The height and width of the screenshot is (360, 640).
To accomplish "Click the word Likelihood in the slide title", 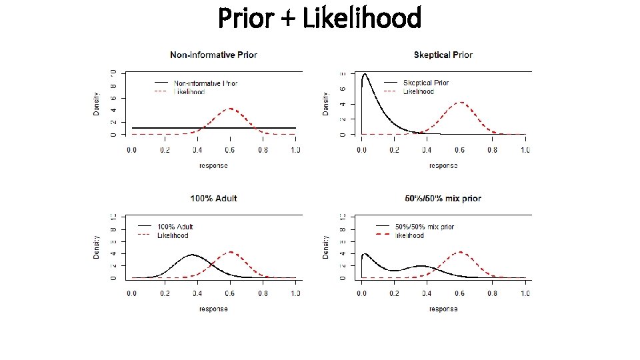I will [x=362, y=18].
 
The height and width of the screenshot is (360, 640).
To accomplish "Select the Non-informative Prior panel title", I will [x=213, y=55].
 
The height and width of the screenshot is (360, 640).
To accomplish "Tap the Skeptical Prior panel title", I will [x=443, y=55].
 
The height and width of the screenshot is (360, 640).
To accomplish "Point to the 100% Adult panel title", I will [x=213, y=199].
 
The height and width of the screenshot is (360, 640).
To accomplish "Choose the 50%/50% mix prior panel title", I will [x=443, y=199].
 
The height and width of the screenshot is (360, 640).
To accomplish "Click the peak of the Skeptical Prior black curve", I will [x=365, y=75].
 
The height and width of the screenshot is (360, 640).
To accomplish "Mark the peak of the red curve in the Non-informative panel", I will [x=230, y=108].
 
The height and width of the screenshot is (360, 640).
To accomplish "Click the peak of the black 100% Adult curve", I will [x=192, y=255].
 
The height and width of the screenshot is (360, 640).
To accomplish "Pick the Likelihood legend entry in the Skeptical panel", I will [x=418, y=91].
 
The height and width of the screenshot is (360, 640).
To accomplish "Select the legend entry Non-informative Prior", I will [x=205, y=83].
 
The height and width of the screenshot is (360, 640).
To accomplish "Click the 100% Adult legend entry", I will [x=175, y=227].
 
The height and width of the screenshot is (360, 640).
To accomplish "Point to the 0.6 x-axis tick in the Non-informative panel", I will [x=230, y=150].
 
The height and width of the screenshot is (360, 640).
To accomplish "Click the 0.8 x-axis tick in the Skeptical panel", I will [x=493, y=150].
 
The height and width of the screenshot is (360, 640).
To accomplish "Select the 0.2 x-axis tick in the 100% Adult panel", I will [x=165, y=294].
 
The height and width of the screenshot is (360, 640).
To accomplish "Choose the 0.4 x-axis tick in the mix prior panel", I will [x=427, y=294].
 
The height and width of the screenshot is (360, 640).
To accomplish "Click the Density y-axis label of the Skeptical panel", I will [x=325, y=103].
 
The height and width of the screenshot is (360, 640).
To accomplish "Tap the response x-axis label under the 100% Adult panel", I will [x=213, y=309].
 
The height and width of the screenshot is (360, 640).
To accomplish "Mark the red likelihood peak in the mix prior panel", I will [x=460, y=252].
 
